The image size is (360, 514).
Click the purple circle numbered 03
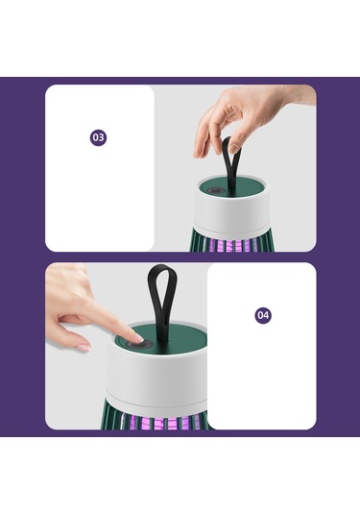(x=98, y=137)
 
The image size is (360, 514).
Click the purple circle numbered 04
(x=263, y=315)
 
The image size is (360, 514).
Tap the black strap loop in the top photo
(x=230, y=163)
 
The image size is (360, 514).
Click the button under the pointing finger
(x=140, y=345)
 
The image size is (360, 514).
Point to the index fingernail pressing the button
(x=139, y=337)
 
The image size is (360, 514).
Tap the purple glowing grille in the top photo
(x=229, y=244)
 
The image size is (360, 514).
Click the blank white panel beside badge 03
(x=100, y=168)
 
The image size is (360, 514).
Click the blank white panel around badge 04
(x=262, y=346)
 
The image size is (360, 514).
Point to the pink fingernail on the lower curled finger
(x=84, y=348)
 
